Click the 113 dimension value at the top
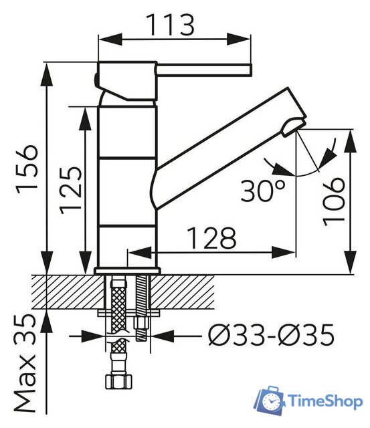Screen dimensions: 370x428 point(170,25)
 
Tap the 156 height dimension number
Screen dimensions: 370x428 point(27,169)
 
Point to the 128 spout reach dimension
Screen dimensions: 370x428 point(211,238)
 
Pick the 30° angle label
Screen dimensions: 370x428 point(263,191)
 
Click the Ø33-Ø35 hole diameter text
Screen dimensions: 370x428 point(271,334)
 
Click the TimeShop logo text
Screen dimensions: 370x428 point(325,401)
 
